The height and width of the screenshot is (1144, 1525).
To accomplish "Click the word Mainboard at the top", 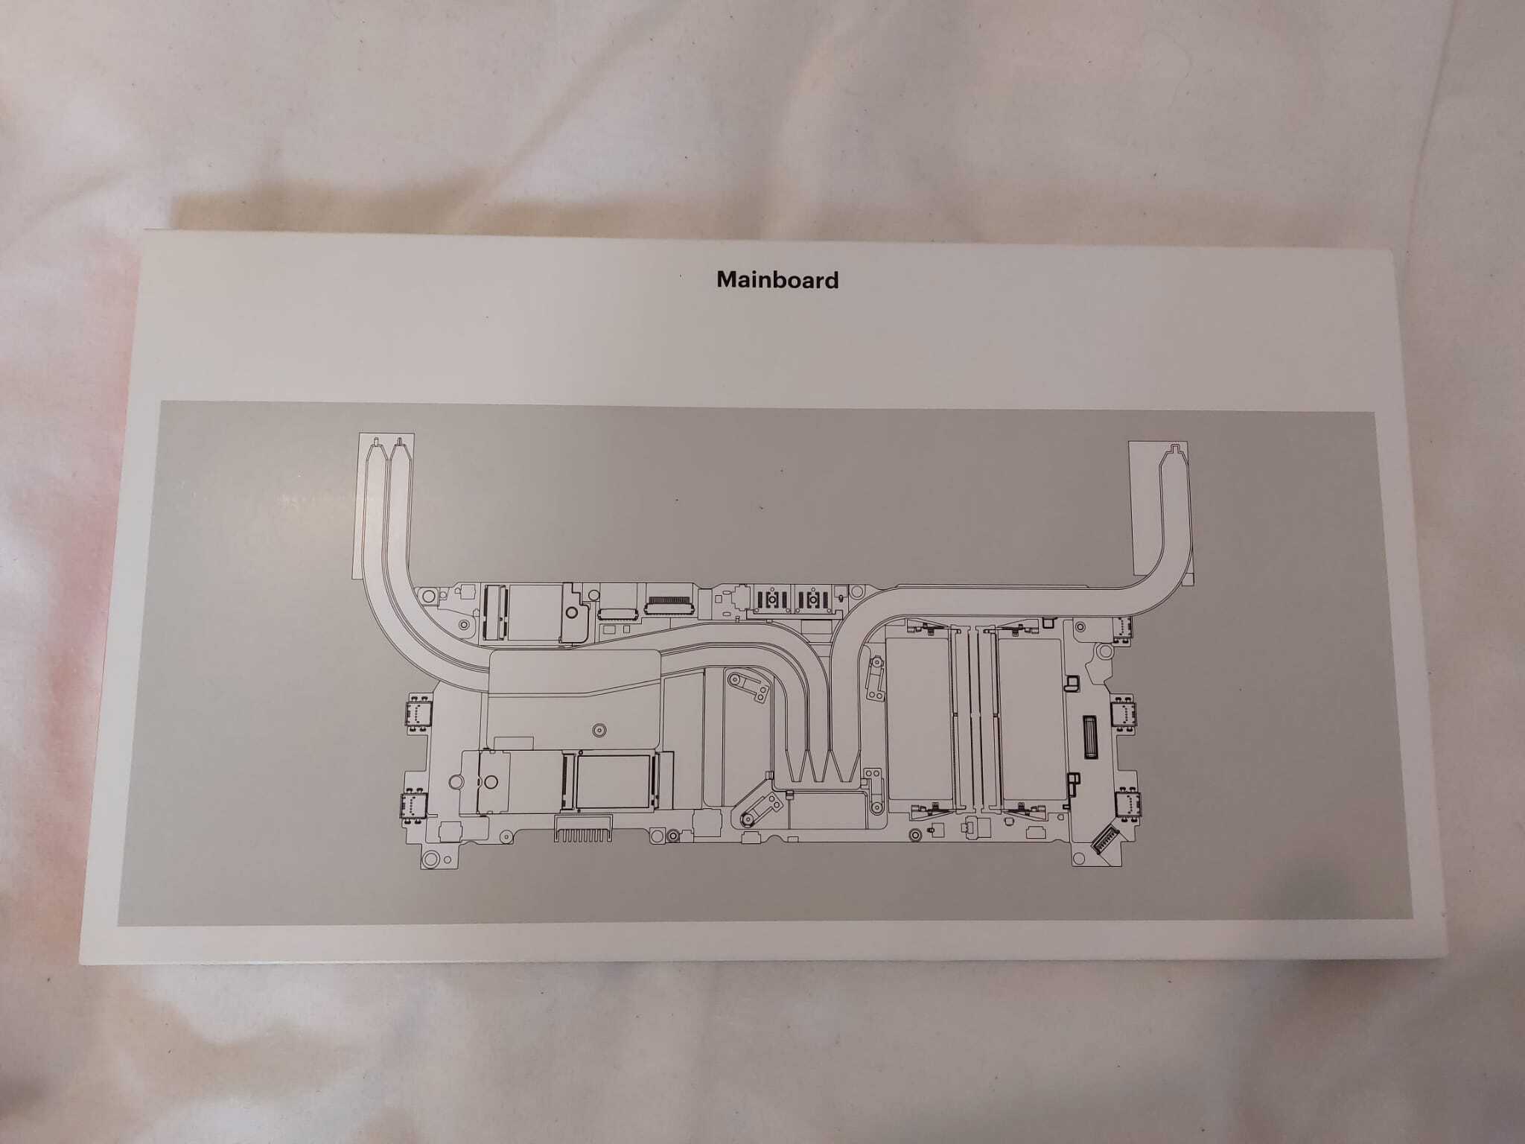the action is pyautogui.click(x=777, y=280).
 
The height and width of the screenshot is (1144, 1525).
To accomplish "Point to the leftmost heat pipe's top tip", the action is pyautogui.click(x=378, y=441).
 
